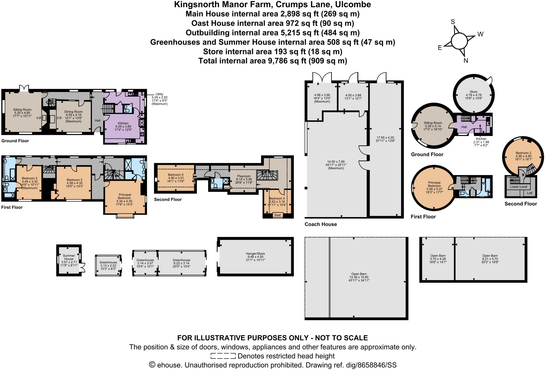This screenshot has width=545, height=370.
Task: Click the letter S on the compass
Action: pos(453,22)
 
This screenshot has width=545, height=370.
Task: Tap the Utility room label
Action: pos(159,94)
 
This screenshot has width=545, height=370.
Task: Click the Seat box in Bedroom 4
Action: pos(277,215)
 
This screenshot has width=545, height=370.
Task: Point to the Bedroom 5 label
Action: pos(176,175)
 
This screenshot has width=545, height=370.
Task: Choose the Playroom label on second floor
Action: pos(244,176)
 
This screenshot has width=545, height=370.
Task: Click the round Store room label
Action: pos(473,92)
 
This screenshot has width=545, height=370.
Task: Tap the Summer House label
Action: pos(69,257)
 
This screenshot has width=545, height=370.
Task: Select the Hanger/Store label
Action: pos(255,253)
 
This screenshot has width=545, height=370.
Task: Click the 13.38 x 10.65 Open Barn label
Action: pos(359,274)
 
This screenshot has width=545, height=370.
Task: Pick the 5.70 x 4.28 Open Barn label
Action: pos(438,256)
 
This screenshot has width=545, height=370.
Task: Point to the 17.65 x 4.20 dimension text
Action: pos(385,138)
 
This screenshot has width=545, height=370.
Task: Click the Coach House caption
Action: pos(321,224)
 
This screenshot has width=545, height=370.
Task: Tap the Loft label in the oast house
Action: pos(530,193)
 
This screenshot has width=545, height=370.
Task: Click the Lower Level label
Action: pos(518,187)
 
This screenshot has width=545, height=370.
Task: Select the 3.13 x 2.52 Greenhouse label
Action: pos(108,262)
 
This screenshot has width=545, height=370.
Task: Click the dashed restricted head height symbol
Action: pos(223,356)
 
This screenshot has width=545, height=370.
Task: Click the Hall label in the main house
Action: pos(98,120)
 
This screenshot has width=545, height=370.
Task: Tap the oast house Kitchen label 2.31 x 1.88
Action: pos(481,139)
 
